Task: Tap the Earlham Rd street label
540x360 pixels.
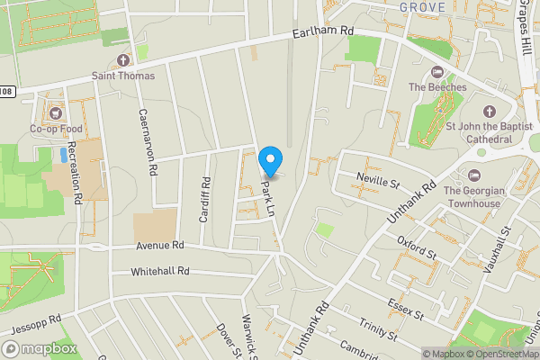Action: pyautogui.click(x=323, y=32)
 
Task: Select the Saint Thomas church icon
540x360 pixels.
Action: pyautogui.click(x=123, y=60)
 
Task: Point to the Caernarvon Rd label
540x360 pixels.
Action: pyautogui.click(x=148, y=141)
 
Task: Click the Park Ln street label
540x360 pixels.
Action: pyautogui.click(x=268, y=200)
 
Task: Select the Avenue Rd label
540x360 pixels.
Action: pyautogui.click(x=160, y=245)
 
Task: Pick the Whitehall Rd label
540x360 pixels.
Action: pyautogui.click(x=160, y=271)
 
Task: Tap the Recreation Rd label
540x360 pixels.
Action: pyautogui.click(x=78, y=179)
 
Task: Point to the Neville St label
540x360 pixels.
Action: pyautogui.click(x=378, y=180)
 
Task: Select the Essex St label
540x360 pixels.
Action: pyautogui.click(x=405, y=309)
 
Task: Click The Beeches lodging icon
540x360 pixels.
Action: pyautogui.click(x=438, y=72)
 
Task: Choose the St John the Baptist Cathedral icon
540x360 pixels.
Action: pyautogui.click(x=490, y=112)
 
